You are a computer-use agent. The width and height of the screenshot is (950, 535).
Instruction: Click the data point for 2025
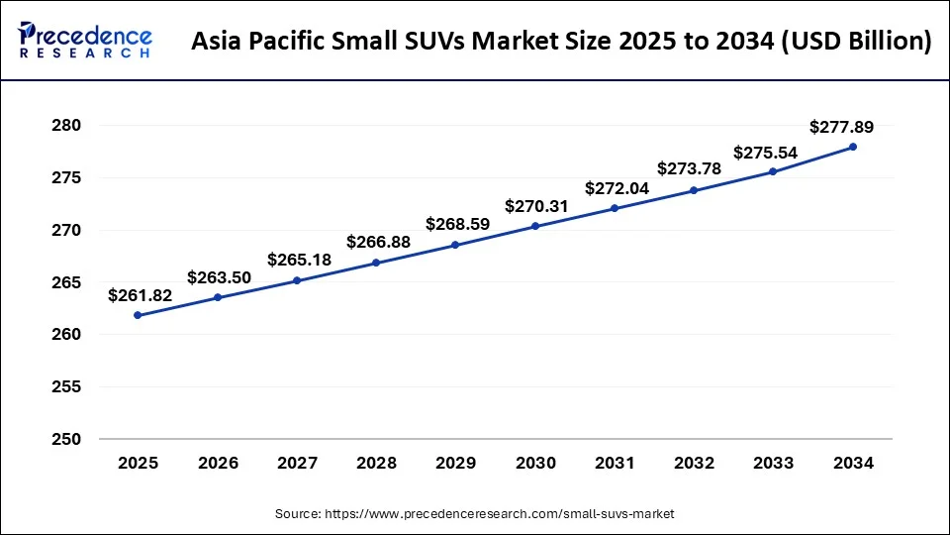click(x=138, y=315)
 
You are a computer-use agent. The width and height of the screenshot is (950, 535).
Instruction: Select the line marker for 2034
click(x=853, y=147)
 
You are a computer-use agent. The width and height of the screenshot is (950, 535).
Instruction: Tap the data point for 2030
click(x=535, y=226)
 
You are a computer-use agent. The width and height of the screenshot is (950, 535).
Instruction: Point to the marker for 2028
click(x=376, y=263)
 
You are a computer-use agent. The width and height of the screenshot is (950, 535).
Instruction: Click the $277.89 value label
click(x=841, y=127)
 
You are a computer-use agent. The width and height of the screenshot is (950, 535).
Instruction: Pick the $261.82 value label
click(x=140, y=295)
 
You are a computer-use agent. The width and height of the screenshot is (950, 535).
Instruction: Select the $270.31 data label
click(x=536, y=206)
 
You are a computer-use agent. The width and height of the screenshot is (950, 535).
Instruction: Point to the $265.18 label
click(x=298, y=260)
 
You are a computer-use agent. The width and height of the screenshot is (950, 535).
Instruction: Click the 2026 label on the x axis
click(x=218, y=462)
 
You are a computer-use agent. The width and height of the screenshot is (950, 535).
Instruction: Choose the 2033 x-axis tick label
click(x=774, y=462)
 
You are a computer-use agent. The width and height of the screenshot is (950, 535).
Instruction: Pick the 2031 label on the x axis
click(x=615, y=462)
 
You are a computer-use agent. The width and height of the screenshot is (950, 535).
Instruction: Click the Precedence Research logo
click(x=85, y=41)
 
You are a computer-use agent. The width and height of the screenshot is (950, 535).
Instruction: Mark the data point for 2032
click(x=694, y=190)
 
